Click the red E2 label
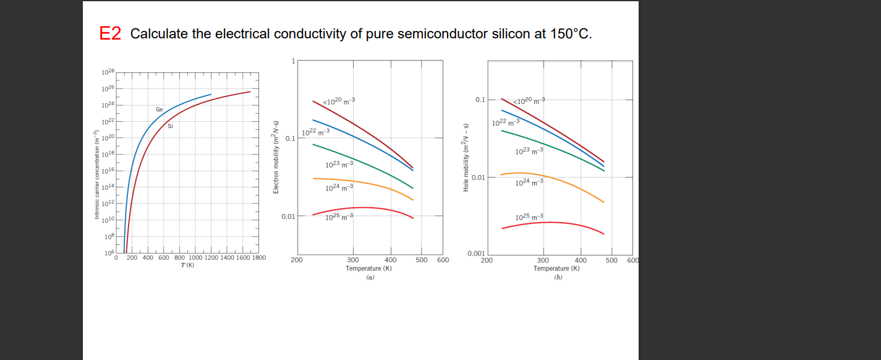click(x=110, y=34)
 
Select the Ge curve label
click(x=159, y=109)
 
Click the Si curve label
click(x=170, y=126)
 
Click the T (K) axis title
click(x=187, y=265)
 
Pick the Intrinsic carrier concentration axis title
click(x=96, y=176)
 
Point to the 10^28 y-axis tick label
click(x=108, y=74)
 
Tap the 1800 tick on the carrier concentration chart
click(x=258, y=258)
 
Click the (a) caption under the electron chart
click(x=370, y=278)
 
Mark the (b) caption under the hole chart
click(x=558, y=278)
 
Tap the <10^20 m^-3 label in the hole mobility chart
click(x=530, y=101)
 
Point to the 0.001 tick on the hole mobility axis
click(x=476, y=254)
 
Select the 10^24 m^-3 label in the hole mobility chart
click(x=529, y=182)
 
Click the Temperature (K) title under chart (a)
click(x=369, y=268)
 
